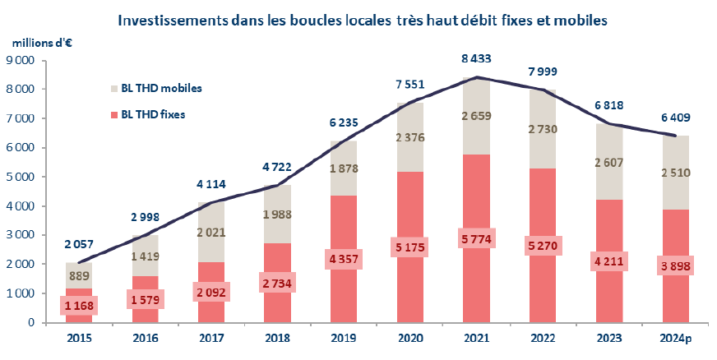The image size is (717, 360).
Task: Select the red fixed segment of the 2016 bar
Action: point(145,308)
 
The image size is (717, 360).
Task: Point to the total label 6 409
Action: point(676,118)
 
